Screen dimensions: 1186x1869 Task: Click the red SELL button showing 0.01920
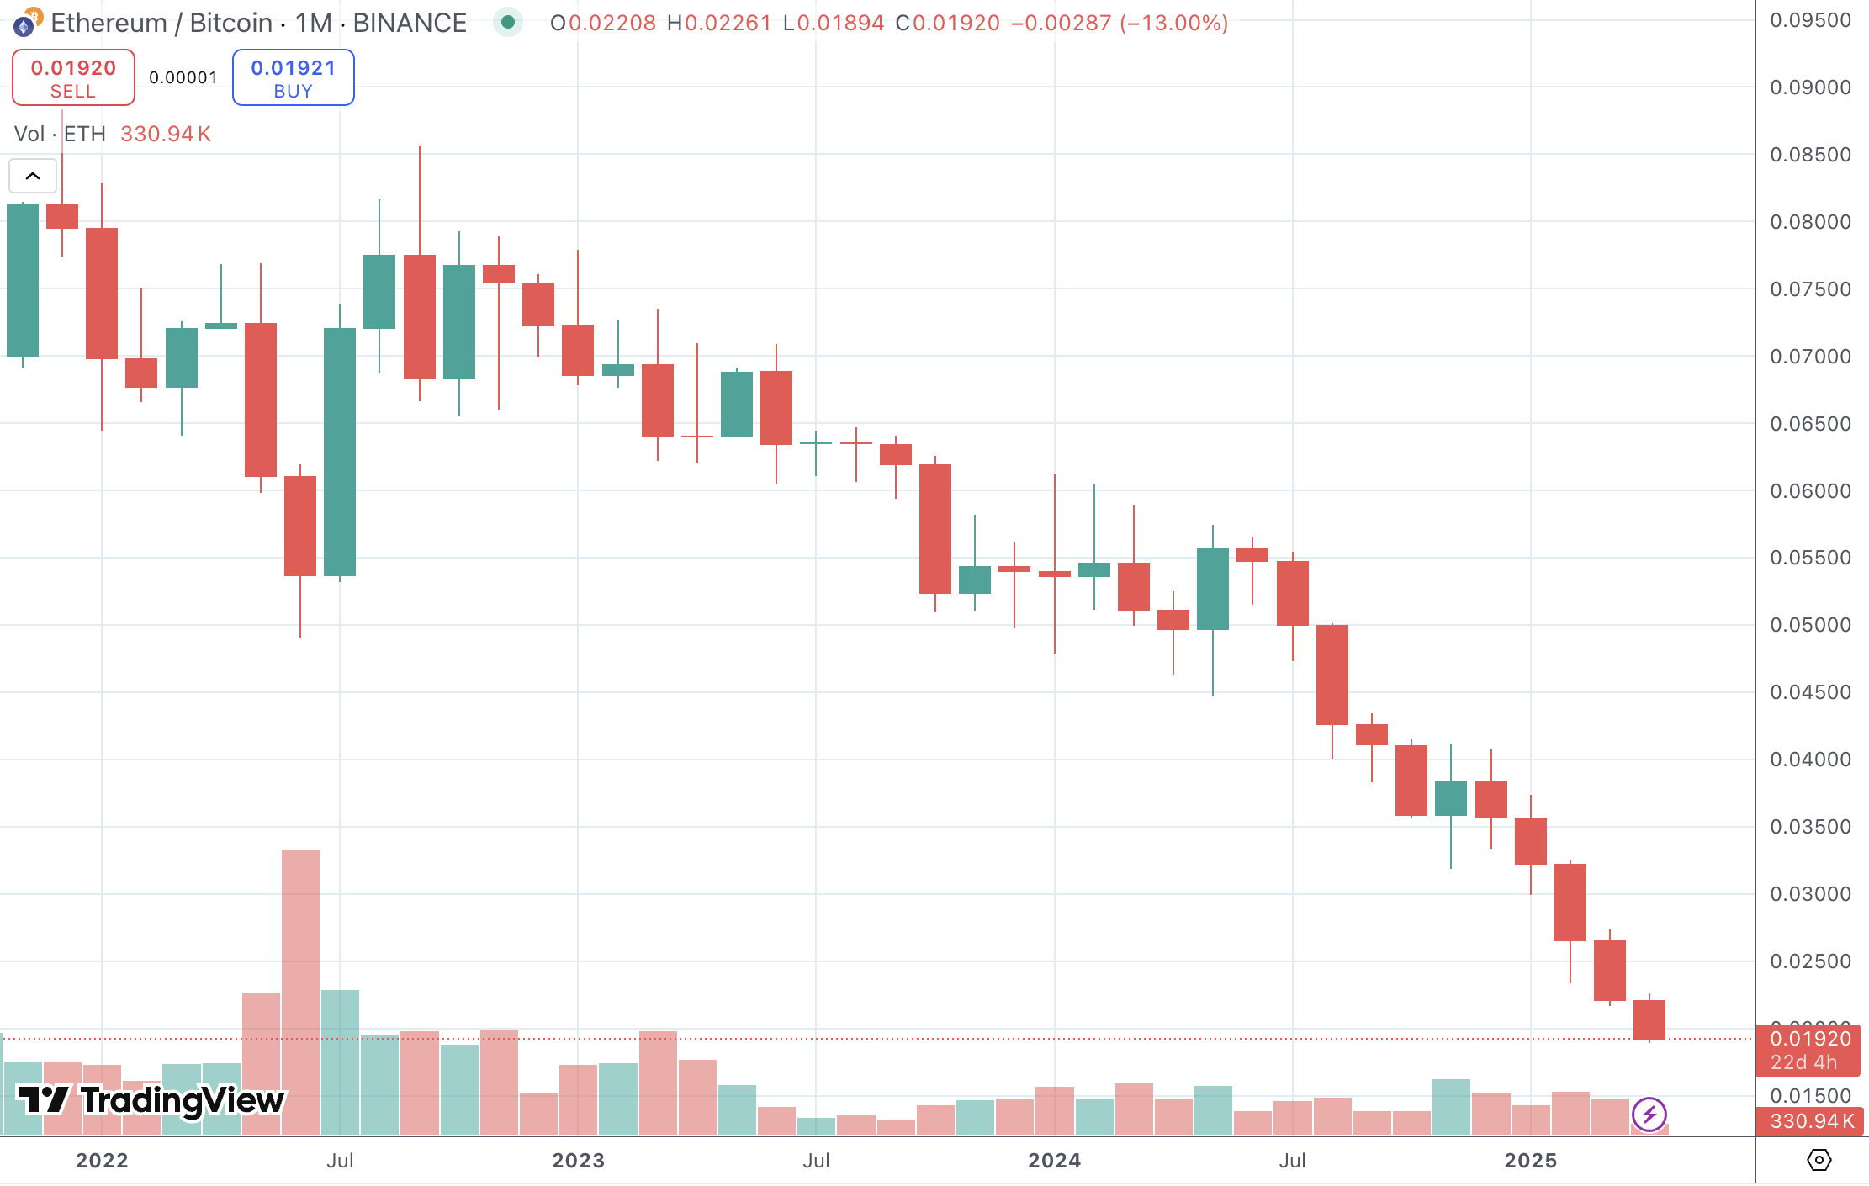click(73, 78)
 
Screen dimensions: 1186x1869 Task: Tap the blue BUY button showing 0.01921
click(293, 78)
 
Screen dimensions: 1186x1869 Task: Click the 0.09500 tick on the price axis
click(1810, 20)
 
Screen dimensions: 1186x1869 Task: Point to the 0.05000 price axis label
click(1810, 625)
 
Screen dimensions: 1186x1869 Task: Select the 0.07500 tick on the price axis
click(1810, 289)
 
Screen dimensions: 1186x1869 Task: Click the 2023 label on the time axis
click(578, 1161)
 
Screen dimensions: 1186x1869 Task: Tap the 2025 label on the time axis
click(1530, 1161)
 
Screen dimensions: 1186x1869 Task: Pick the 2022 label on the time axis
click(102, 1161)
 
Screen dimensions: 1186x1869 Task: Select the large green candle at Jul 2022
click(340, 452)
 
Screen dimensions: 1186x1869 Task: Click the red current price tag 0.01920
click(1810, 1040)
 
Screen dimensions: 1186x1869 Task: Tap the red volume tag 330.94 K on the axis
click(1811, 1121)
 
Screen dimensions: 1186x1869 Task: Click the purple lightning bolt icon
click(1649, 1115)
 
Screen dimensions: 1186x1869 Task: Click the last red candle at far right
click(1649, 1019)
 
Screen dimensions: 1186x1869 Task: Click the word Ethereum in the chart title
click(109, 23)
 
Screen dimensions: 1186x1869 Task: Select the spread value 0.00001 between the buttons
click(183, 78)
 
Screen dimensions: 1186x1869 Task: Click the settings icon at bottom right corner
click(1819, 1161)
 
